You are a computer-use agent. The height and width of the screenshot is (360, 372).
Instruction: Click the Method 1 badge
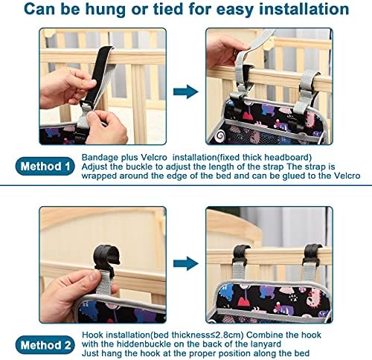(x=45, y=167)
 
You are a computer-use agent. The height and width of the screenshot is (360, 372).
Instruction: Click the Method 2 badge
(x=45, y=345)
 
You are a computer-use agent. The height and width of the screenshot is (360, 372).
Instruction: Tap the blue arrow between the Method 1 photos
(x=186, y=91)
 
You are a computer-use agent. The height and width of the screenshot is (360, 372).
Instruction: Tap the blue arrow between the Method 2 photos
(x=186, y=263)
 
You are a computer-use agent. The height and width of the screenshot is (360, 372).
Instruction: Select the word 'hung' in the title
(x=106, y=10)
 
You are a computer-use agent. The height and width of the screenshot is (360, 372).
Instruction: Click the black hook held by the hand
(x=106, y=258)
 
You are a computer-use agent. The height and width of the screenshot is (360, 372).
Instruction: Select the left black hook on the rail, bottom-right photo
(x=240, y=255)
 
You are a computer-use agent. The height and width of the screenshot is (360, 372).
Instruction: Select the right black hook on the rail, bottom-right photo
(x=312, y=255)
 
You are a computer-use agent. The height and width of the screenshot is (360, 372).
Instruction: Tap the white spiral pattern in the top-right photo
(x=219, y=135)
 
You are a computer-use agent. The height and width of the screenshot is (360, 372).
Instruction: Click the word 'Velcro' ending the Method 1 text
(x=347, y=176)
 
